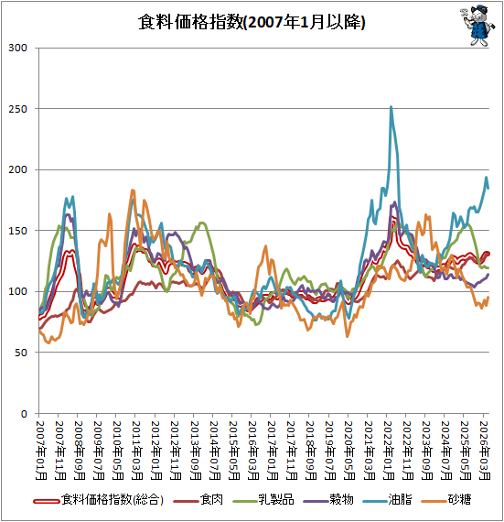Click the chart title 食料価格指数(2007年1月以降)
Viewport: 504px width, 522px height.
[x=252, y=22]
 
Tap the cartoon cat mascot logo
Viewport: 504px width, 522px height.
[x=477, y=26]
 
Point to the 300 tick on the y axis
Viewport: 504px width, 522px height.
[x=17, y=48]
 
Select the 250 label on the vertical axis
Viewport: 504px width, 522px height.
[x=17, y=109]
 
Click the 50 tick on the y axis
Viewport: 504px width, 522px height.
[x=21, y=353]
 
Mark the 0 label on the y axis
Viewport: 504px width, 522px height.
[x=24, y=414]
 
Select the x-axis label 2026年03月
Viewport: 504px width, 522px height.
[x=485, y=451]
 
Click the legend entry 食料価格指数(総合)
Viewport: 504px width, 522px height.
[x=99, y=500]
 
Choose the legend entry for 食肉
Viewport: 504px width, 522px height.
[x=198, y=500]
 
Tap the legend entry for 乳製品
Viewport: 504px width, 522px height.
[x=263, y=500]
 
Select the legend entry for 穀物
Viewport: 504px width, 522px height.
[x=328, y=500]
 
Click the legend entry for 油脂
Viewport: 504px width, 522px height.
[x=387, y=500]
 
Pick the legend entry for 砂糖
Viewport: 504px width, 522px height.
[x=446, y=500]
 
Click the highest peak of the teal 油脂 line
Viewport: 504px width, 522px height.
[x=391, y=107]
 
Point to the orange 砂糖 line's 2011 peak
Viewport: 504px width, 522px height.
[x=133, y=190]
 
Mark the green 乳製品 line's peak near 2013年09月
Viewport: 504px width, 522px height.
[x=202, y=223]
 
